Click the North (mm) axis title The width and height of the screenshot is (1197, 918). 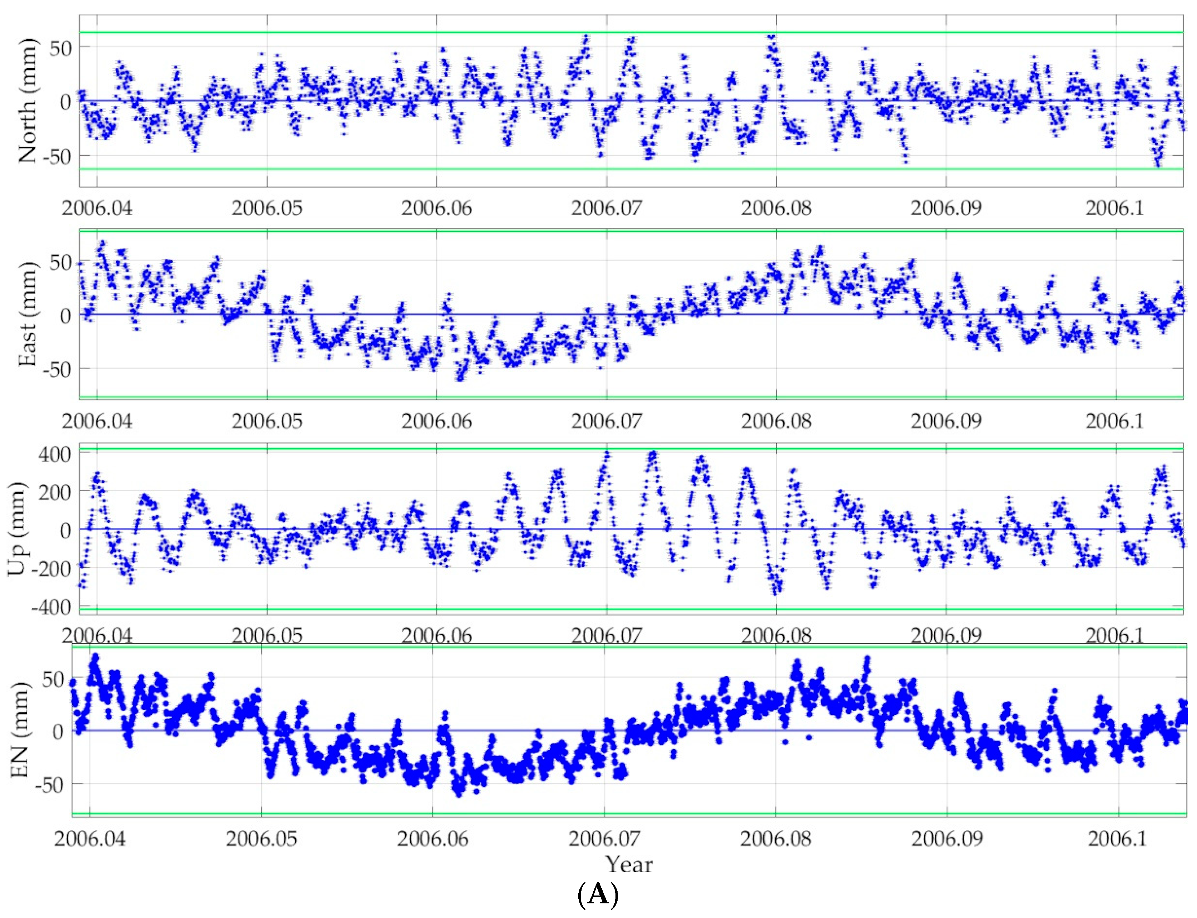coord(28,101)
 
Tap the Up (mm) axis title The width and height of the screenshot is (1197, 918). coord(18,528)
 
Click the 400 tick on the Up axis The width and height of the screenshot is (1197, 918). coord(53,453)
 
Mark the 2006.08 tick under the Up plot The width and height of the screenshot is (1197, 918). coord(776,635)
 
